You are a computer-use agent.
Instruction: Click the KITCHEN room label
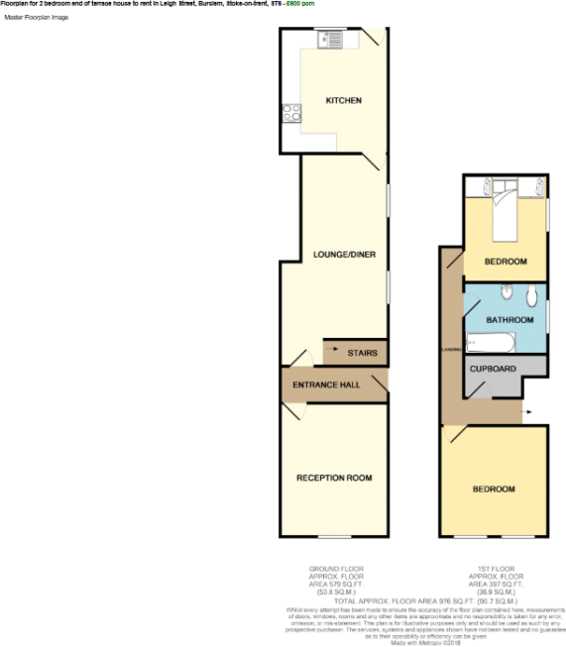pos(344,101)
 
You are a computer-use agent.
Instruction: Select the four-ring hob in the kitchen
pos(292,114)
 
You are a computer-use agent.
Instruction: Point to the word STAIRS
pos(361,352)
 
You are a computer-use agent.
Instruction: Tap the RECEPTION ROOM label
pos(334,478)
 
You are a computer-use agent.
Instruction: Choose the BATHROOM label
pos(509,320)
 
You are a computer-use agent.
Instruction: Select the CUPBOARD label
pos(493,370)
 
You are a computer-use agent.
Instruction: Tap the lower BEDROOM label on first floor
pos(493,489)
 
